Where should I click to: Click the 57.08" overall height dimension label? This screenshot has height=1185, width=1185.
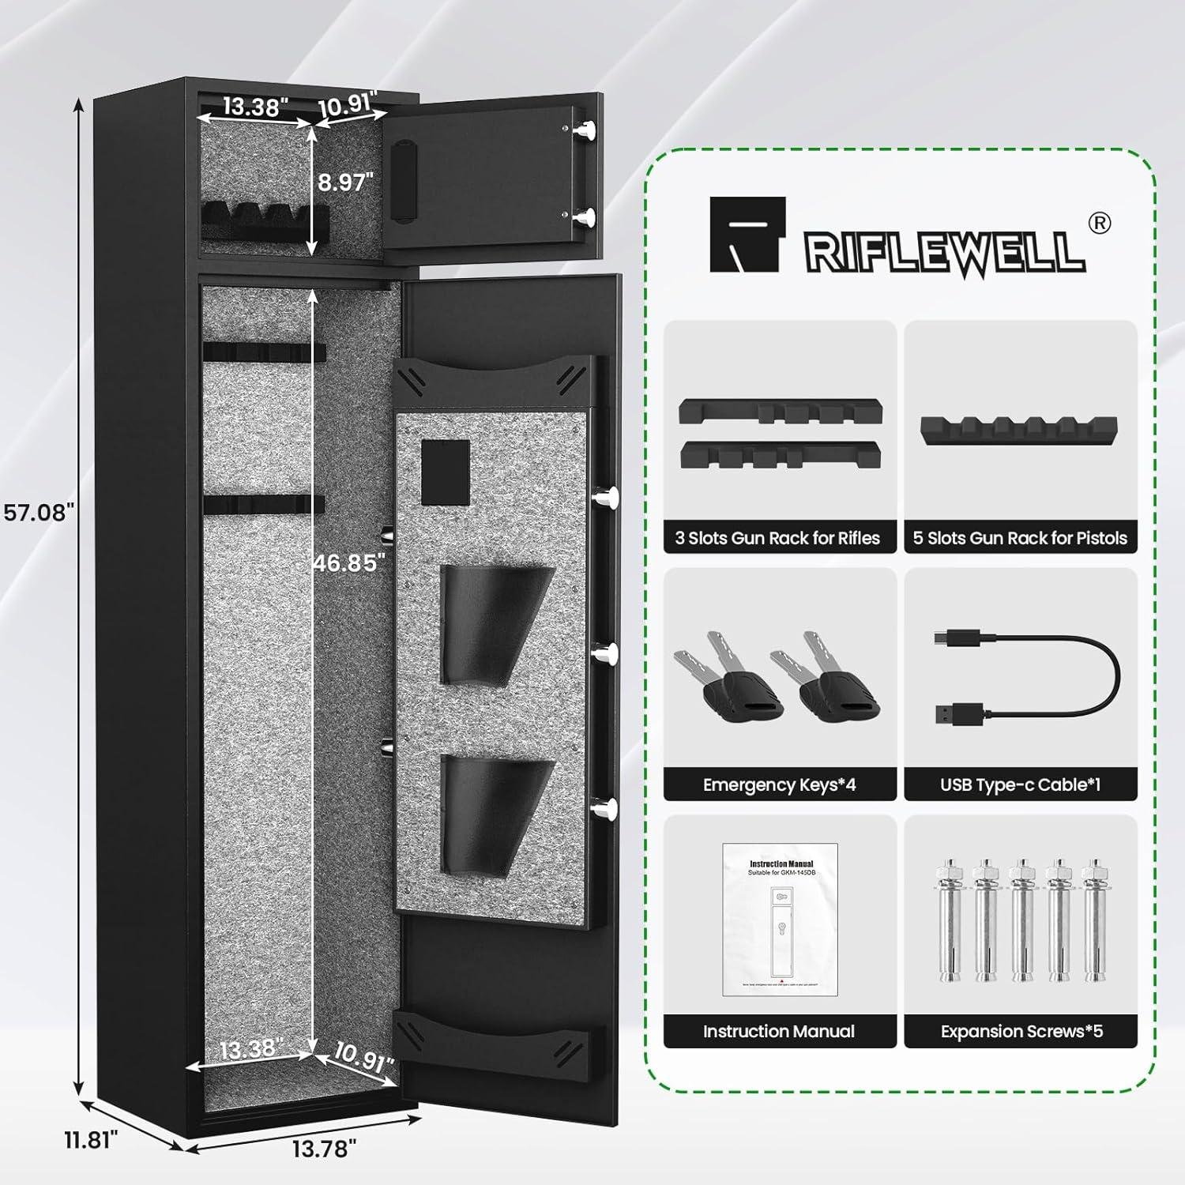coord(39,512)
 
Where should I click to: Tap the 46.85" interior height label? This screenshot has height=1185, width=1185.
coord(348,562)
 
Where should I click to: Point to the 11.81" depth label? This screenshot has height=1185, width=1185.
coord(92,1139)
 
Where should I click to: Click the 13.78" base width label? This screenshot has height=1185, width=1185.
coord(324,1148)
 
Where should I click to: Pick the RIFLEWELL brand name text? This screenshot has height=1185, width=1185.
coord(944,251)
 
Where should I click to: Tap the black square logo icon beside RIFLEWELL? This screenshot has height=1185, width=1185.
coord(747,235)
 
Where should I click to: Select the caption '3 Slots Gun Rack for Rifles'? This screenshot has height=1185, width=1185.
coord(778,538)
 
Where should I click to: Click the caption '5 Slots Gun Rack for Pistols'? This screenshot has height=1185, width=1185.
coord(1020,538)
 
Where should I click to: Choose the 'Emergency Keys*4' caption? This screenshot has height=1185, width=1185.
coord(779,784)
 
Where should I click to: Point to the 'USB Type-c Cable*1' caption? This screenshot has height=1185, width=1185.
coord(1020,784)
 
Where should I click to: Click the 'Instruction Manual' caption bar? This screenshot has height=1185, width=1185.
coord(779,1031)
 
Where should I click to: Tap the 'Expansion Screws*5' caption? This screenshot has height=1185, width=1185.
coord(1021,1031)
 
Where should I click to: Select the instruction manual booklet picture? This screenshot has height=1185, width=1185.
coord(780,920)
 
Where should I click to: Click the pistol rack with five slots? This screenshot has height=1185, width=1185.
coord(1020,427)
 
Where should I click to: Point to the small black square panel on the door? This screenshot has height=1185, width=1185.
coord(446,472)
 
